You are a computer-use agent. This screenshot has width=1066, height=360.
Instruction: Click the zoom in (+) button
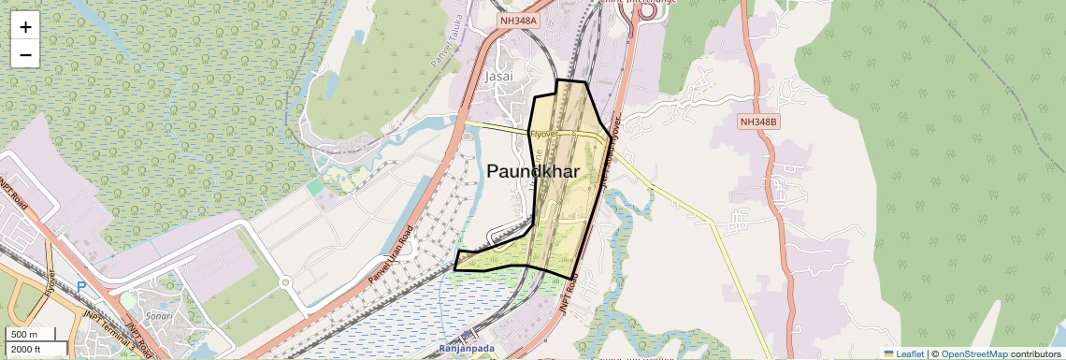click(25, 27)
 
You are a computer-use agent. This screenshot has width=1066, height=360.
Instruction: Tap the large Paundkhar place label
click(533, 171)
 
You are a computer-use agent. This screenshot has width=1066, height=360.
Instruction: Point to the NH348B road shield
click(758, 122)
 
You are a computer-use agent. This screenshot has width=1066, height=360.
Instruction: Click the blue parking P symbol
click(81, 287)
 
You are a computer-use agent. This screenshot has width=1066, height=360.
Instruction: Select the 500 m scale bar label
click(25, 335)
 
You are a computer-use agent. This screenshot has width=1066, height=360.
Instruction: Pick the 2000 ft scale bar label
click(27, 350)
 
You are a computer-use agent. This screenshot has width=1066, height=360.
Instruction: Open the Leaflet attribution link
click(903, 353)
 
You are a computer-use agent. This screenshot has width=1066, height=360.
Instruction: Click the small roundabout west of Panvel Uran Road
click(286, 281)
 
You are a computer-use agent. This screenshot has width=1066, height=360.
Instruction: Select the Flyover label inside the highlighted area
click(543, 134)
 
